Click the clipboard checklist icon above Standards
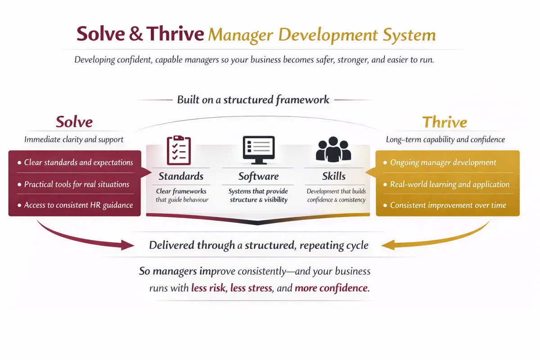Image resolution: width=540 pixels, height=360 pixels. click(x=179, y=150)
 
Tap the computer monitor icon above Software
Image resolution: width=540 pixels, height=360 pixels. click(x=258, y=150)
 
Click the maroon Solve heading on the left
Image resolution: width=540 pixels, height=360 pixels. click(x=74, y=122)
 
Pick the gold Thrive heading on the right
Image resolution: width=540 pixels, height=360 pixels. click(x=445, y=122)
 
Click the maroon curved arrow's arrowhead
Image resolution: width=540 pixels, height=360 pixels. click(x=128, y=245)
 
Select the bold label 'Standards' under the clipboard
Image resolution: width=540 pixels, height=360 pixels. click(x=181, y=176)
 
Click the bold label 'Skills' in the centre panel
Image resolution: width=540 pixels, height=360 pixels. click(x=334, y=176)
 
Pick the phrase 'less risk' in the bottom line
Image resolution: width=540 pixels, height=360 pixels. click(x=208, y=288)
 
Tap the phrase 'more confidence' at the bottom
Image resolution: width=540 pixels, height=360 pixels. click(x=332, y=288)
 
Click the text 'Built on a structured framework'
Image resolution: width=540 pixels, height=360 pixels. click(x=253, y=99)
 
